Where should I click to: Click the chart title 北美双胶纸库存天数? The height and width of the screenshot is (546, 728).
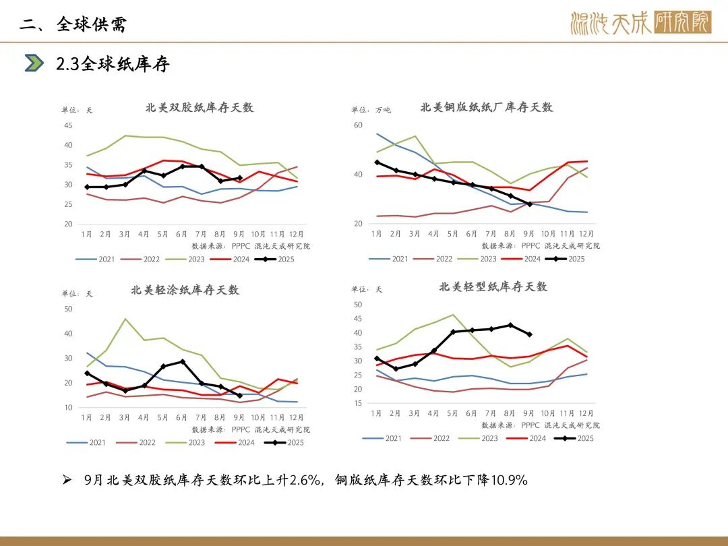[200, 108]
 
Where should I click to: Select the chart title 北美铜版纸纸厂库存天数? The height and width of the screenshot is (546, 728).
[486, 107]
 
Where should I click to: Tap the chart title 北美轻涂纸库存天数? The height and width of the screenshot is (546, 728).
[185, 290]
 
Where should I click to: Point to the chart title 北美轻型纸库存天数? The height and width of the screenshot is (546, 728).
[493, 286]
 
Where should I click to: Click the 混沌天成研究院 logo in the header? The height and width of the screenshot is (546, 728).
[640, 24]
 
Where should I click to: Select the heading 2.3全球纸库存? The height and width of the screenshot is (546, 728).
[113, 64]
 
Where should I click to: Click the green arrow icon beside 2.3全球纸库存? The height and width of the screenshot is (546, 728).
[34, 63]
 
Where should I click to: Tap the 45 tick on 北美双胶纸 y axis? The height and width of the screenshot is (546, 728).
[68, 125]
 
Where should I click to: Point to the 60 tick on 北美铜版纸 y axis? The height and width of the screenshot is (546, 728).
[358, 125]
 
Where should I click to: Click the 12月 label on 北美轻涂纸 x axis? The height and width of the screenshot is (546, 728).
[297, 418]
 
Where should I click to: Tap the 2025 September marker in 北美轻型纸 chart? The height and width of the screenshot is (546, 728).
[529, 334]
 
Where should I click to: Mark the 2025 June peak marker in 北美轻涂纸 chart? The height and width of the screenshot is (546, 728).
[182, 361]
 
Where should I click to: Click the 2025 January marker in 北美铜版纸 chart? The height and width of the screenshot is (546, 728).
[377, 162]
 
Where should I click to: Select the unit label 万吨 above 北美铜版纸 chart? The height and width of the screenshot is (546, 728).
[383, 110]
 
